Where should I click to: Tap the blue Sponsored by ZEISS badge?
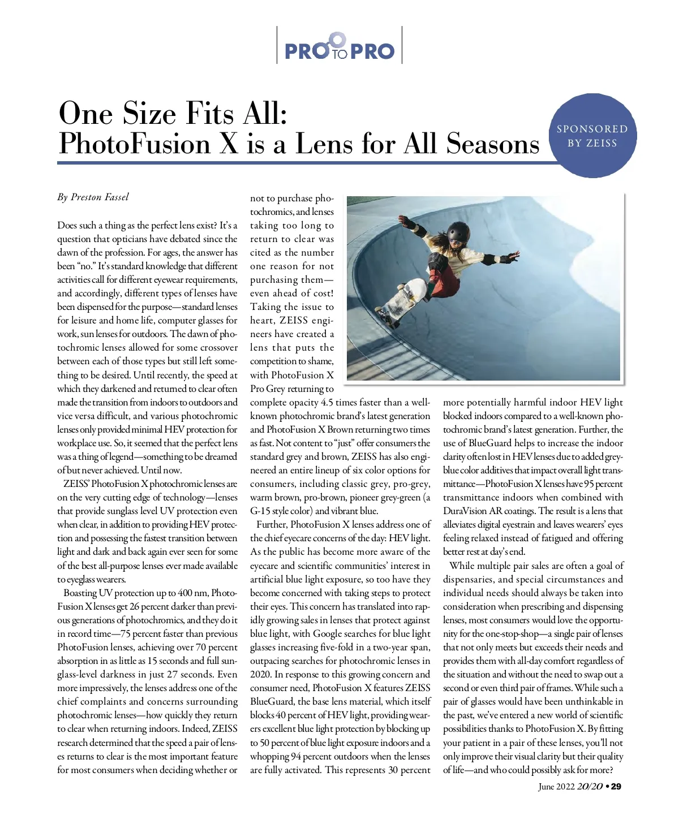coord(592,136)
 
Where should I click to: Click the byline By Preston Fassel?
coord(93,197)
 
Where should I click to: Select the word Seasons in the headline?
coord(493,144)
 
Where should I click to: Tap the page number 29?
coord(616,787)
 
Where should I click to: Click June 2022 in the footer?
coord(556,787)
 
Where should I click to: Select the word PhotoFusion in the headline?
coord(134,144)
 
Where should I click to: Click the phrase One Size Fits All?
coord(173,113)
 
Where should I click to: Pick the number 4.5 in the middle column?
coord(327,403)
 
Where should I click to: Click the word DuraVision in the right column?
coord(465,511)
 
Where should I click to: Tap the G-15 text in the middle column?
coord(261,511)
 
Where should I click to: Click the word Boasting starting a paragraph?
coord(80,593)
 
